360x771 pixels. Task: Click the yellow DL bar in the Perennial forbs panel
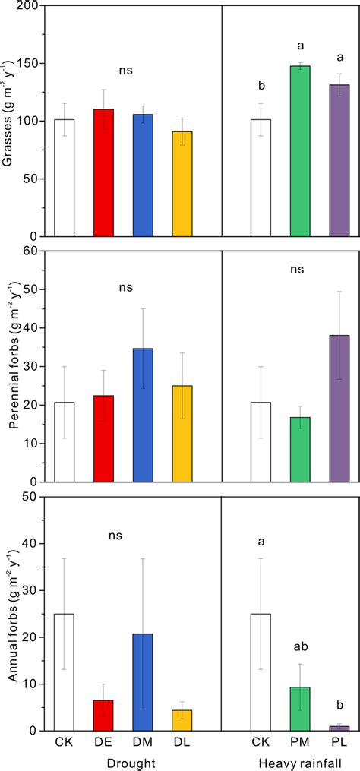[182, 433]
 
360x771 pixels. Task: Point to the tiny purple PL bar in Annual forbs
[339, 728]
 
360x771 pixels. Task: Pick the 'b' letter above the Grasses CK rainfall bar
[261, 84]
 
